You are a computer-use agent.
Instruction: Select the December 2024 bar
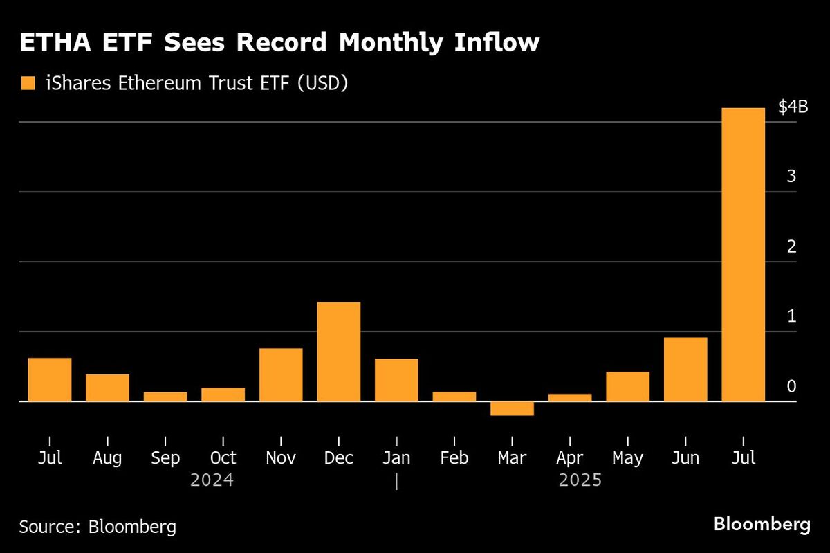[338, 352]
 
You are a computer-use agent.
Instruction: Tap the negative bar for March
[512, 408]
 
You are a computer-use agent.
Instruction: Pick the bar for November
[281, 374]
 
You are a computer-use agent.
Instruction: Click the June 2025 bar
[685, 369]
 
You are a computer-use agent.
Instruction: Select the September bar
[165, 397]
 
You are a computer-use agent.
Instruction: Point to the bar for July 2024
[50, 379]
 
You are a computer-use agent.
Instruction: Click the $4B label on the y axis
[793, 107]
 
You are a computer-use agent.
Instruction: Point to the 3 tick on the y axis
[791, 176]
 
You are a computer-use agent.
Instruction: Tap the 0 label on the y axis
[791, 386]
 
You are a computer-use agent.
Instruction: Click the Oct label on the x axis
[223, 458]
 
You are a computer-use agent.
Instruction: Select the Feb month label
[454, 458]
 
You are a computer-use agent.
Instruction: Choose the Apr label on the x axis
[569, 458]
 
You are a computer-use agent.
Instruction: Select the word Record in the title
[289, 43]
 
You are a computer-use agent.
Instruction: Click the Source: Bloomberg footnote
[98, 527]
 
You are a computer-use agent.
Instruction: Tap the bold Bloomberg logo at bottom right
[762, 524]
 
